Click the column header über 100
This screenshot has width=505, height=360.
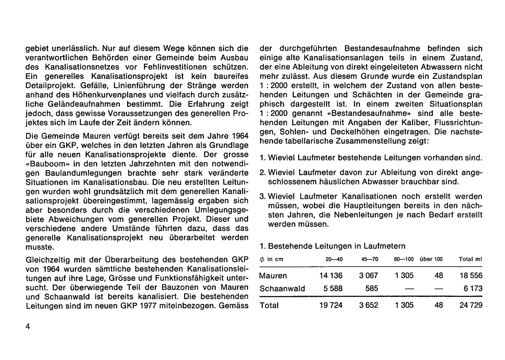(431, 259)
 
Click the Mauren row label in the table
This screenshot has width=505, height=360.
(273, 276)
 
